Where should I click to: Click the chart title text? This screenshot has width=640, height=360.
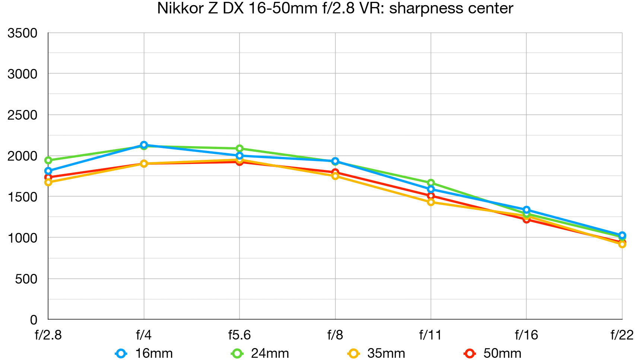click(x=335, y=8)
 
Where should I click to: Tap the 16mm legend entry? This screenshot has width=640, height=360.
click(x=144, y=353)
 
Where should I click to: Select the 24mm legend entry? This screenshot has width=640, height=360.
click(x=260, y=353)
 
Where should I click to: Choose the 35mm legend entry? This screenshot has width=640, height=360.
click(x=376, y=353)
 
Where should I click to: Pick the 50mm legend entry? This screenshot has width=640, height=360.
click(x=492, y=353)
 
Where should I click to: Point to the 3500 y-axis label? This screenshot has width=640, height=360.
click(x=22, y=33)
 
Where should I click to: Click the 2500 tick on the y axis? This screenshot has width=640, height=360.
click(x=22, y=115)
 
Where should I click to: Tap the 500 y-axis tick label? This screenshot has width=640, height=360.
click(x=26, y=279)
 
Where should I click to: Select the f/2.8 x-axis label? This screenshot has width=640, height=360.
click(x=48, y=335)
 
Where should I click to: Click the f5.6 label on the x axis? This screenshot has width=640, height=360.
click(x=239, y=335)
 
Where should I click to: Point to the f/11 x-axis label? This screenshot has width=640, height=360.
click(x=430, y=335)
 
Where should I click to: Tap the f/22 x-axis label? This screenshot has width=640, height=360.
click(x=622, y=335)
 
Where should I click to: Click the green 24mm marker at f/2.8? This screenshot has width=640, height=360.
click(x=48, y=161)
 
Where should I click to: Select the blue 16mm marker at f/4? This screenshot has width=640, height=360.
click(x=144, y=145)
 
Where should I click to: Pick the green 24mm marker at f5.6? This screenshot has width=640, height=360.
click(x=240, y=149)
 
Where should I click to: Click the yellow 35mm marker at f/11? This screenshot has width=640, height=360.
click(x=431, y=202)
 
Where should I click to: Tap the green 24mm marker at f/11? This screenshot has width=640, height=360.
click(x=431, y=183)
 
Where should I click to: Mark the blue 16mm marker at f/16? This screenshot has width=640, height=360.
click(x=526, y=210)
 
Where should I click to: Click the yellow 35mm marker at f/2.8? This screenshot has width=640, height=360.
click(x=48, y=182)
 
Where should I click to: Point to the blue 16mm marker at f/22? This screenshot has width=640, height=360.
click(x=622, y=236)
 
